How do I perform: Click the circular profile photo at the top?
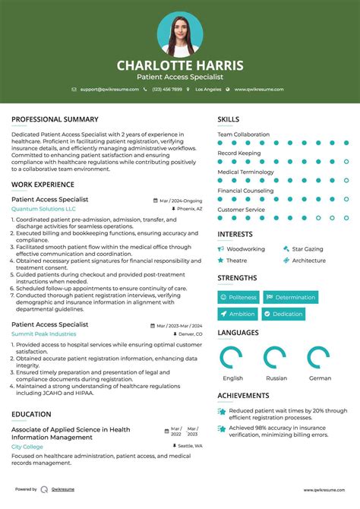pos(180,33)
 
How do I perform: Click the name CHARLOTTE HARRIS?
pos(180,66)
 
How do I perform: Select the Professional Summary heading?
pos(55,119)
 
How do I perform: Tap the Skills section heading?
pos(228,119)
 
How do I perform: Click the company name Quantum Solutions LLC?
pos(43,208)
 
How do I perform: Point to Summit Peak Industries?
pos(43,334)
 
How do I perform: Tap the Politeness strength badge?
pos(238,297)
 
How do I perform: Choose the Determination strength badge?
pos(291,297)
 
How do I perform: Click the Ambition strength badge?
pos(238,314)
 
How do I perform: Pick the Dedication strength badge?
pos(284,314)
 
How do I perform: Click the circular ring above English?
pos(232,358)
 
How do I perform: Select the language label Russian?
pos(276,378)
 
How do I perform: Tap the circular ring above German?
pos(320,358)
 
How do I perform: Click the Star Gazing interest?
pos(307,248)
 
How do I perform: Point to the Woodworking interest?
pos(245,248)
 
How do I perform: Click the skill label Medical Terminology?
pos(245,172)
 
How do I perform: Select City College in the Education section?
pos(27,447)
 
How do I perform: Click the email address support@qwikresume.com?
pos(110,89)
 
